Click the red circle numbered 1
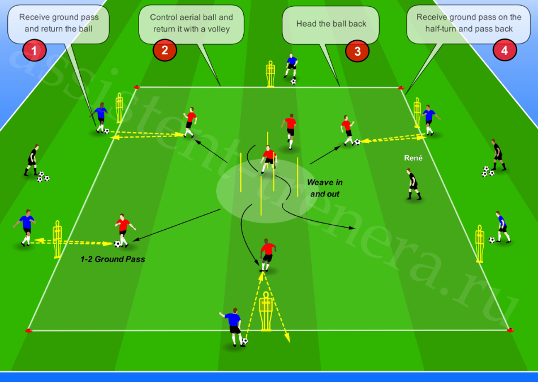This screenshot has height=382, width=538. tap(34, 50)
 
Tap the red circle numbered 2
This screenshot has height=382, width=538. tap(165, 50)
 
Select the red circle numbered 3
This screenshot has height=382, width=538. tap(357, 51)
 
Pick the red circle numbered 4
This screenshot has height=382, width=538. tap(505, 50)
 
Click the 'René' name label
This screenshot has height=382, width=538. tap(413, 158)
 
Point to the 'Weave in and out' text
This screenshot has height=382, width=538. tap(325, 188)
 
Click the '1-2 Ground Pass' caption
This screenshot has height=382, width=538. tap(113, 259)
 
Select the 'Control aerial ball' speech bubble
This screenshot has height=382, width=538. tap(191, 25)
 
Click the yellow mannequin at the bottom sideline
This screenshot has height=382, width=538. tap(266, 311)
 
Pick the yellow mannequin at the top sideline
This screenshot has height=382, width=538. tap(270, 74)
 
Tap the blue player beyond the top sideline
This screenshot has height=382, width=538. tap(291, 66)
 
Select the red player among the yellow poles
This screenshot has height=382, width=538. tap(269, 159)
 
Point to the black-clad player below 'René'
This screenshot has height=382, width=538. tap(413, 184)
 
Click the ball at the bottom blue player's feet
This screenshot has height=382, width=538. tap(244, 341)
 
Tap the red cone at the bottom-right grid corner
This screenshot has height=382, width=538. tap(510, 330)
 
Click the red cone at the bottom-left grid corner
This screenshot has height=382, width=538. tap(28, 331)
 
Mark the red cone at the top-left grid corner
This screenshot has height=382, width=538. tap(137, 87)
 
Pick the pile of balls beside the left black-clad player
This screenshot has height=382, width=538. tap(43, 177)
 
